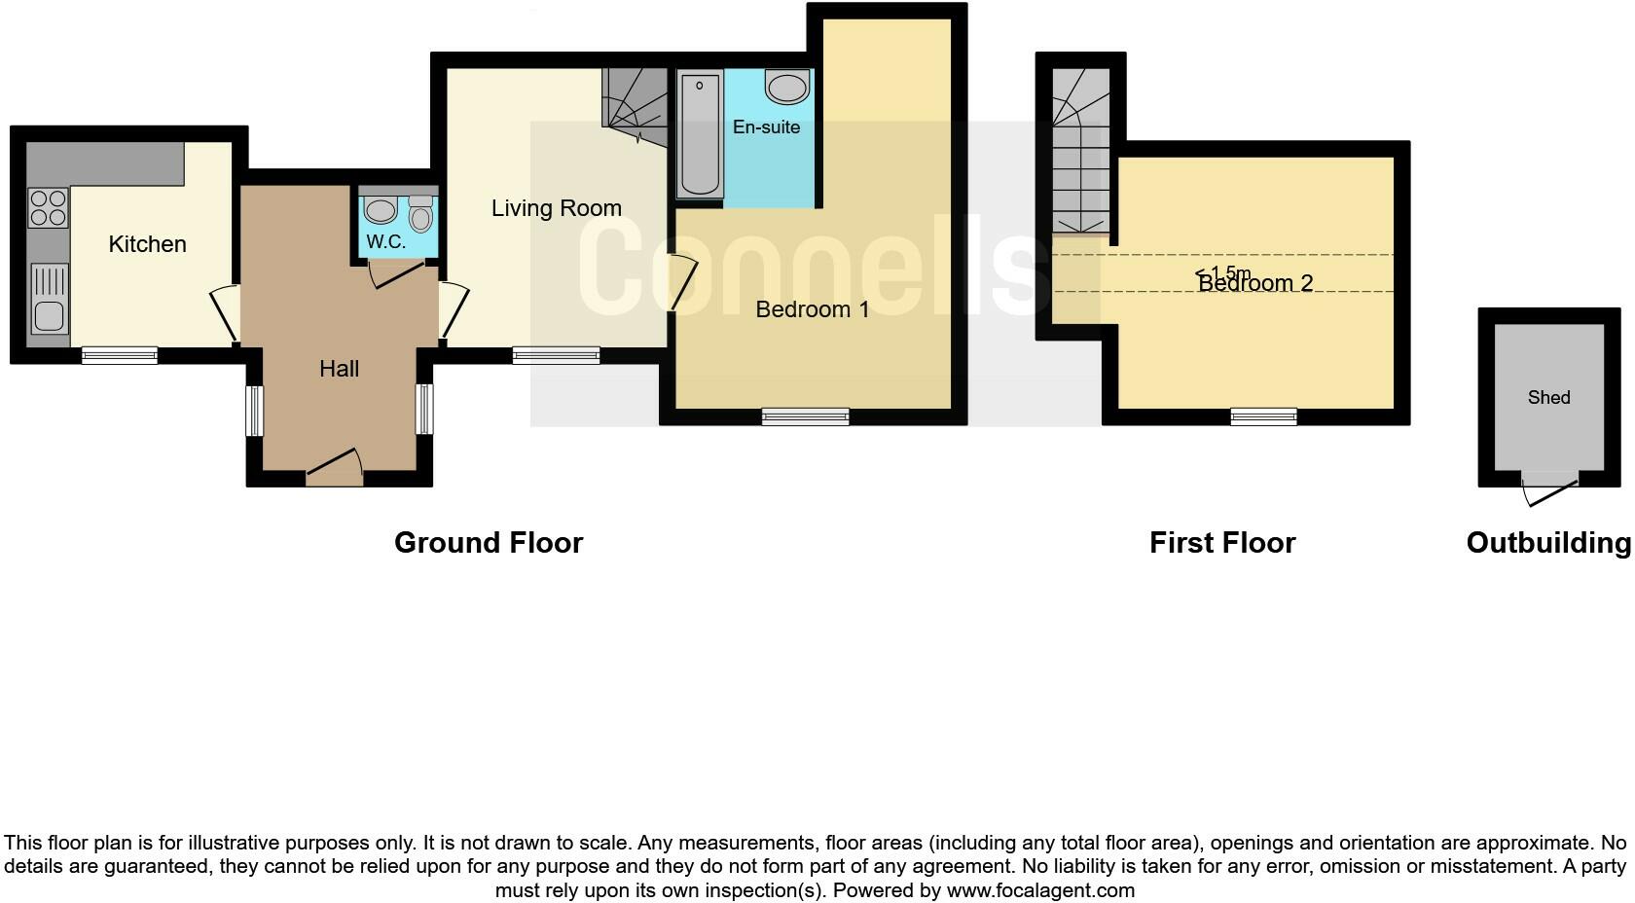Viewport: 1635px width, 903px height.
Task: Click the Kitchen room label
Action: coord(147,244)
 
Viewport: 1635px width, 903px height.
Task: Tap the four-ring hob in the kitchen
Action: coord(48,207)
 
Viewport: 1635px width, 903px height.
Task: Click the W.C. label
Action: coord(385,242)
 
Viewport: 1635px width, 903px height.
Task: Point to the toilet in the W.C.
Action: coord(420,214)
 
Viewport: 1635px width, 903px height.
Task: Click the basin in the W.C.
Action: coord(380,210)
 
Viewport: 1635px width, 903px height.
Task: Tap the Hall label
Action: coord(339,369)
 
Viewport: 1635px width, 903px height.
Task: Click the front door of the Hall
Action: coord(335,474)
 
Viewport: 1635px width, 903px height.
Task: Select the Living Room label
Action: coord(556,208)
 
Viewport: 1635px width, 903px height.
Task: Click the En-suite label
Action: coord(766,127)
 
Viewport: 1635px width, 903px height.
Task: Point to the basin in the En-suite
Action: coord(787,88)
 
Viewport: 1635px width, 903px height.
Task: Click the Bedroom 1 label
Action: coord(812,309)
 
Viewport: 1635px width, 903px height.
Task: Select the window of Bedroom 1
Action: coord(805,416)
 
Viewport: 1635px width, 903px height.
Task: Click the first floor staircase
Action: coord(1080,156)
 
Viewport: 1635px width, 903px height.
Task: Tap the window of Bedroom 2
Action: coord(1263,416)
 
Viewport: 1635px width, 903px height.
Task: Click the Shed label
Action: coord(1548,397)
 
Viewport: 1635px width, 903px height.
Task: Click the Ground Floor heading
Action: coord(488,543)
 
